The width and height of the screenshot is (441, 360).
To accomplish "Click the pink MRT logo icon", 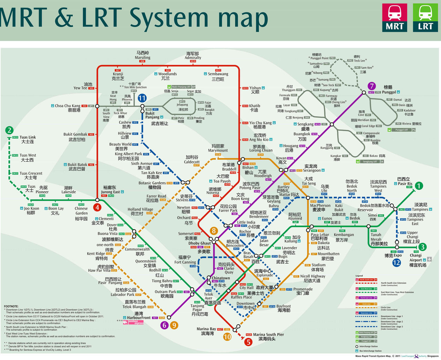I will [394, 18].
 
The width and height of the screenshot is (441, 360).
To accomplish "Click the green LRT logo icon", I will [425, 18].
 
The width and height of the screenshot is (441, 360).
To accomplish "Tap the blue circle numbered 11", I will [142, 98].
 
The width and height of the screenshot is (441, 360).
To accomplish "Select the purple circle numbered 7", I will [371, 86].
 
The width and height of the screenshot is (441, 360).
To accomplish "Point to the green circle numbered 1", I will [419, 186].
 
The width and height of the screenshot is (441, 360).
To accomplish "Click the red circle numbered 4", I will [98, 207].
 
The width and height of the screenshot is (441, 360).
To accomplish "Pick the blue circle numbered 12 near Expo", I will [397, 262].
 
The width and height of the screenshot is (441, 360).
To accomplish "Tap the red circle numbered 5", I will [248, 342].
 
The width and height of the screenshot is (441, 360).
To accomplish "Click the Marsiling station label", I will [142, 58].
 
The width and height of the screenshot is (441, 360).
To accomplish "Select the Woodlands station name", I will [167, 74].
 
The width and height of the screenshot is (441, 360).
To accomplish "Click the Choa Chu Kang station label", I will [68, 106].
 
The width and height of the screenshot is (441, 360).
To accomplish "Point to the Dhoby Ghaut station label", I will [199, 243].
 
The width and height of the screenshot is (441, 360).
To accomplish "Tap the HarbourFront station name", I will [139, 318].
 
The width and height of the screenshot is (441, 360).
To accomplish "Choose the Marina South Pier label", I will [268, 334].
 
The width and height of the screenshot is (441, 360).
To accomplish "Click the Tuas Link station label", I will [28, 137].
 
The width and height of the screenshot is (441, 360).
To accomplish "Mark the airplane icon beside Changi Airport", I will [429, 259].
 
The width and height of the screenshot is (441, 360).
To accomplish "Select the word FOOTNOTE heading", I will [11, 306].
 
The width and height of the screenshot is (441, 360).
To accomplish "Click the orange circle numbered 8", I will [214, 231].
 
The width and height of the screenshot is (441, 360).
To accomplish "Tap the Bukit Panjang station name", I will [152, 115].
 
